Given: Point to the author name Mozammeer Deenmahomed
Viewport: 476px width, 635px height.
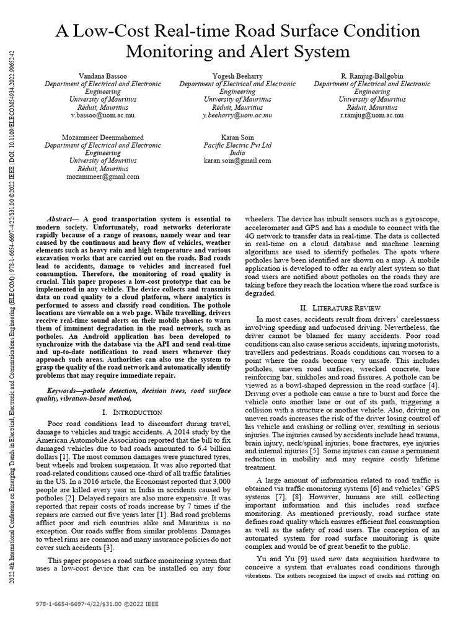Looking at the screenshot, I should coord(103,137).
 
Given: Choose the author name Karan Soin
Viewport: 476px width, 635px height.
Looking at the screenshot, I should coord(237,137).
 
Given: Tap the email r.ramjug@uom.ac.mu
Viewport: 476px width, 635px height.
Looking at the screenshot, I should coord(372,115).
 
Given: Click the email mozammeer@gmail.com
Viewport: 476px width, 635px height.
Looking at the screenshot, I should coord(103,176).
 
